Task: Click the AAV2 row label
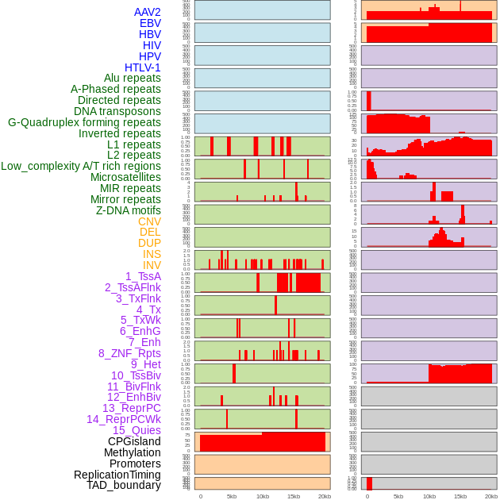coord(148,12)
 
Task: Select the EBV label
coord(150,23)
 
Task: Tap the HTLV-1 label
coord(143,67)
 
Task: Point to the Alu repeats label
coord(133,78)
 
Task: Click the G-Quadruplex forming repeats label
coord(84,122)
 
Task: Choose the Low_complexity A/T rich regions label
coord(81,166)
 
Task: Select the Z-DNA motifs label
coord(129,210)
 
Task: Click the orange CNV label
coord(149,221)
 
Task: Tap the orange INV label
coord(152,265)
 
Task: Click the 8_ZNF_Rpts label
coord(129,353)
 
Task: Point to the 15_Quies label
coord(137,430)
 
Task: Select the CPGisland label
coord(134,441)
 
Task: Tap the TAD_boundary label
coord(124,485)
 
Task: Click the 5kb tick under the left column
coord(232,496)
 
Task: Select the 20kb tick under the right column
coord(491,496)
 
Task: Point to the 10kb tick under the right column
coord(429,496)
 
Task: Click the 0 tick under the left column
coord(200,496)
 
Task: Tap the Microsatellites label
coord(125,177)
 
